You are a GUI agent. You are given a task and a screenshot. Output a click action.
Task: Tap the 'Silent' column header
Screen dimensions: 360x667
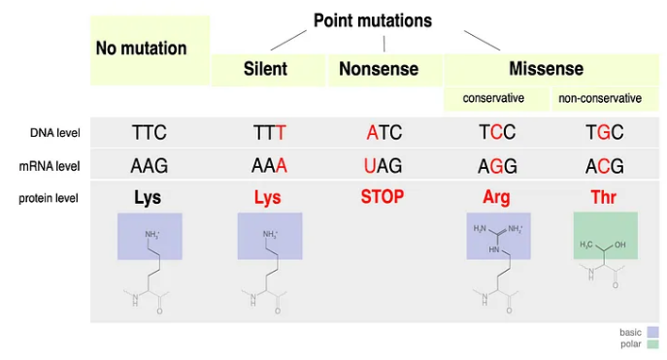pyautogui.click(x=264, y=69)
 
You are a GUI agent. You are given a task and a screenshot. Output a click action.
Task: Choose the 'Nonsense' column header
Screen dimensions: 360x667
pyautogui.click(x=379, y=69)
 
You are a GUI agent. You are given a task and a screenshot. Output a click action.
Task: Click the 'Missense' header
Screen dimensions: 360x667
pyautogui.click(x=546, y=69)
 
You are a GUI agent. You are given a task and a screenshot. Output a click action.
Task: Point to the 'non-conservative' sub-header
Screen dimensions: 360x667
pyautogui.click(x=599, y=99)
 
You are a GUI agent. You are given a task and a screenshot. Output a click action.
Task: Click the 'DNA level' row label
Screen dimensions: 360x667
pyautogui.click(x=54, y=133)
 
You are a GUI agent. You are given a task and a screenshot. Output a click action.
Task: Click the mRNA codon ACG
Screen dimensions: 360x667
pyautogui.click(x=604, y=165)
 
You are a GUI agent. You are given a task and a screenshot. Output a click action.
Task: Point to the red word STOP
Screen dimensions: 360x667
pyautogui.click(x=382, y=197)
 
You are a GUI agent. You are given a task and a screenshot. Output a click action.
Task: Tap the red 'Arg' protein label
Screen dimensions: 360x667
pyautogui.click(x=496, y=198)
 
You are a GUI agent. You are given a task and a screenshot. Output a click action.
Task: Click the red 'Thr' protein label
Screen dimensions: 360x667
pyautogui.click(x=603, y=198)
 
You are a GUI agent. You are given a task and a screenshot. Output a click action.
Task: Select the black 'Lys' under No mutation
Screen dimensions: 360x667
pyautogui.click(x=149, y=198)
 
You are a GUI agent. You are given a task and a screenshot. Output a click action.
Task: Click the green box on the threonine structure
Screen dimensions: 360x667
pyautogui.click(x=605, y=236)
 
